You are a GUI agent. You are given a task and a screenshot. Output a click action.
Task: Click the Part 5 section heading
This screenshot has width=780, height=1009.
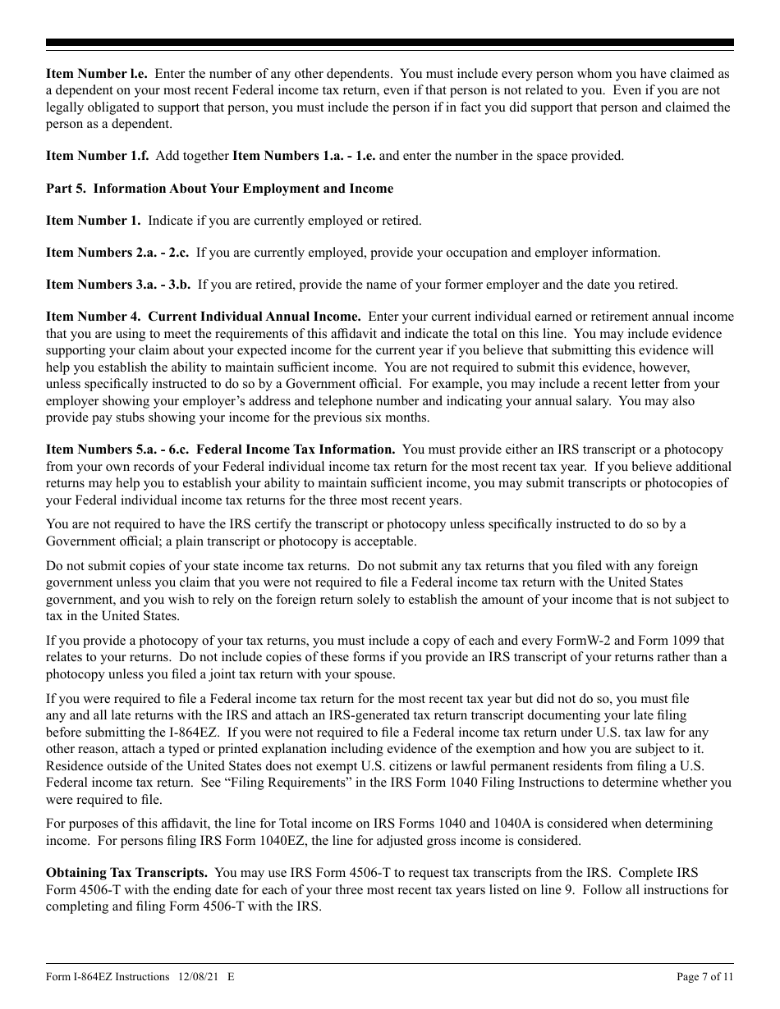[x=219, y=189]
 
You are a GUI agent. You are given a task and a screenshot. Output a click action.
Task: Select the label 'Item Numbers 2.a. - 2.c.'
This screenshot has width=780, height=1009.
[x=117, y=253]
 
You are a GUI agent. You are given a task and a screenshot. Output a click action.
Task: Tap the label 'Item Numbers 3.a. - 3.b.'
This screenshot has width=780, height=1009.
[x=118, y=285]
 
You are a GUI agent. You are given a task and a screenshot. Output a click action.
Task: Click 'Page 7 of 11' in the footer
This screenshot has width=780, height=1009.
[x=704, y=977]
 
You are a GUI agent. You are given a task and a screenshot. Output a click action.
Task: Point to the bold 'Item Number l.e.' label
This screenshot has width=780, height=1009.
[x=96, y=74]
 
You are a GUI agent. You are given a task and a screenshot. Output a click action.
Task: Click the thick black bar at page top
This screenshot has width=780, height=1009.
[x=390, y=43]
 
